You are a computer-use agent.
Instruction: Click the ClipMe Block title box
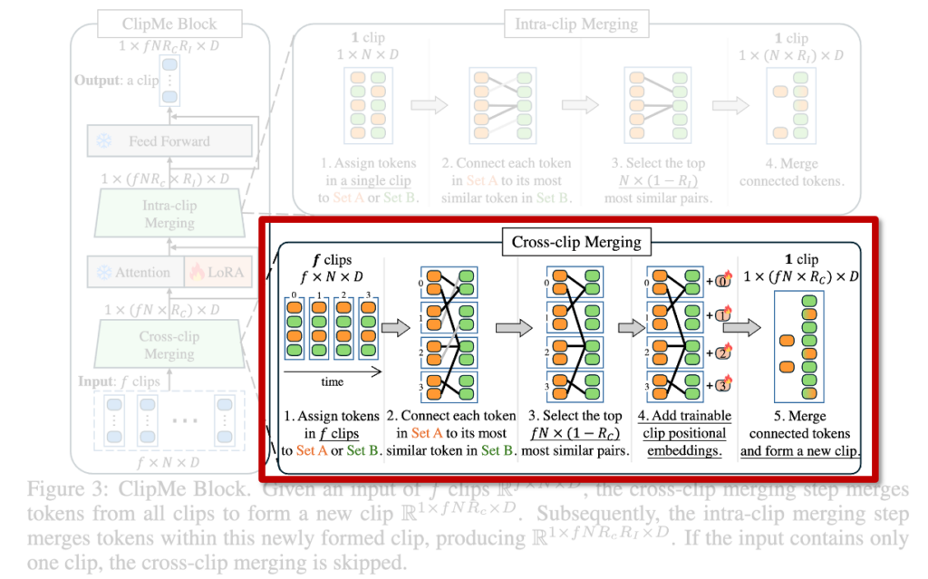pos(169,24)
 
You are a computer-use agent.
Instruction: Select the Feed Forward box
pos(169,140)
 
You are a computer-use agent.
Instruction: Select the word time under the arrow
pos(333,381)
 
